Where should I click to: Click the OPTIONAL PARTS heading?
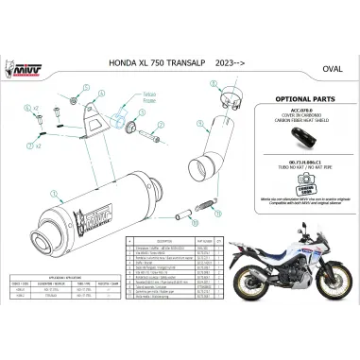pyautogui.click(x=300, y=98)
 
